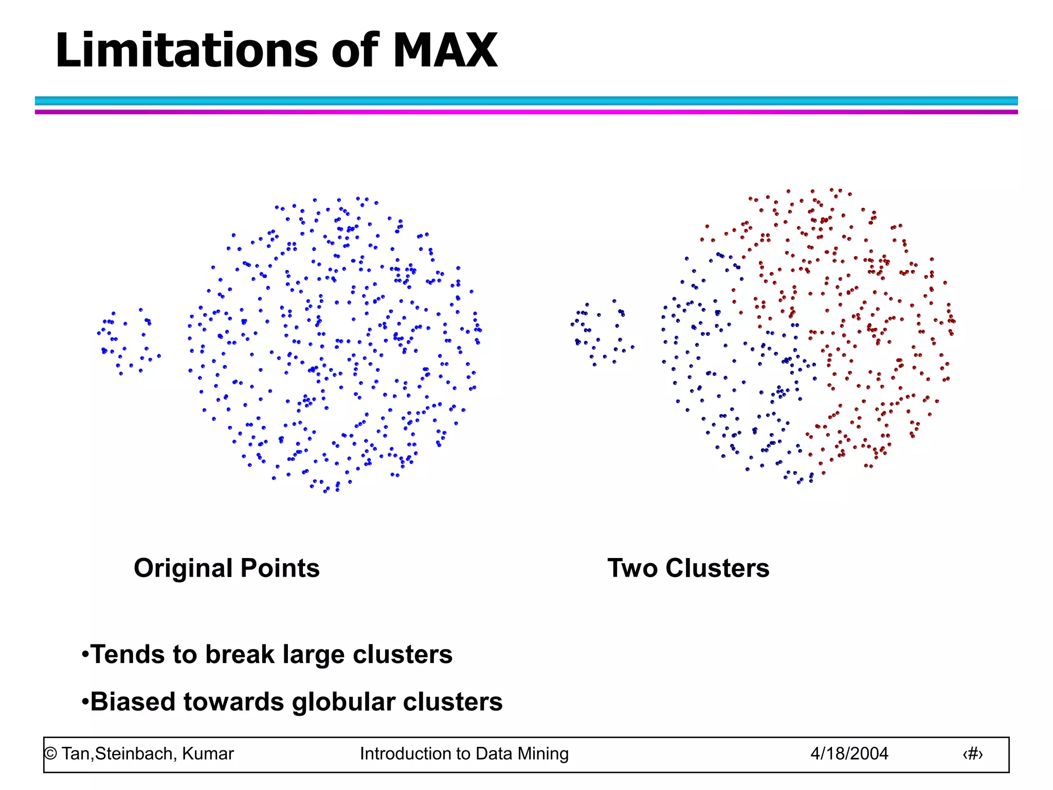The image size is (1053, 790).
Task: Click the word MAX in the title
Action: point(445,50)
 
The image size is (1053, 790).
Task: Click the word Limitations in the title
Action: point(187,50)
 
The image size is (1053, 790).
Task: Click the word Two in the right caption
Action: point(632,568)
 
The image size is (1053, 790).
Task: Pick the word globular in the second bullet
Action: point(343,703)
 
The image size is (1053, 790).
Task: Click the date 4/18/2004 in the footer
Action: point(849,753)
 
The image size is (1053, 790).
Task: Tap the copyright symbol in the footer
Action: point(50,754)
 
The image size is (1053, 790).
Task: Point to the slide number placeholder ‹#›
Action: point(972,754)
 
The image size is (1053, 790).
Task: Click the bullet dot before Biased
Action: point(85,703)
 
